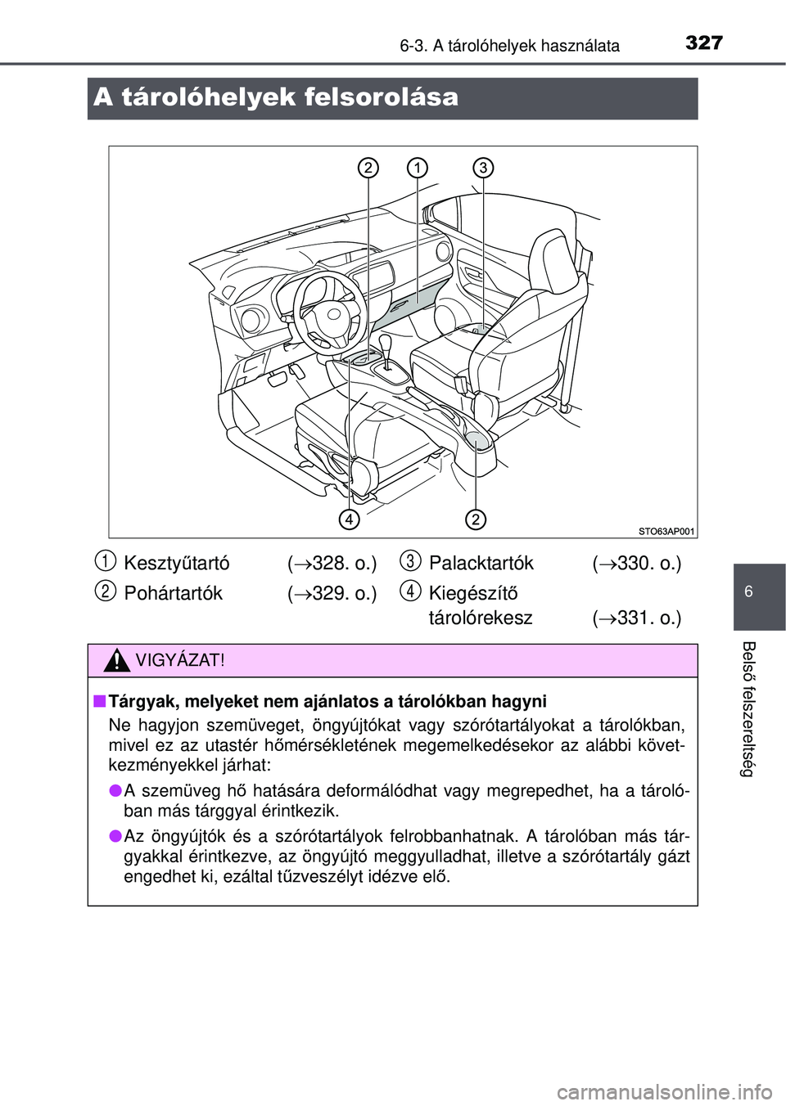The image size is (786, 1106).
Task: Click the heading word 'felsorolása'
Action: (381, 97)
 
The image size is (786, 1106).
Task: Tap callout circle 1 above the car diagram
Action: (417, 168)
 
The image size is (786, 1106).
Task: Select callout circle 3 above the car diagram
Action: (483, 168)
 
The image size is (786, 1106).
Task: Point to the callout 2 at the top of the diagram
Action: (368, 168)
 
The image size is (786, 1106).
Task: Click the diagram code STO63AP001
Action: (666, 532)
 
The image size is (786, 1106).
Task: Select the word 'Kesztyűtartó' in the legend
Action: (177, 564)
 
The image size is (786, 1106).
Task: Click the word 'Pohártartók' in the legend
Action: (173, 593)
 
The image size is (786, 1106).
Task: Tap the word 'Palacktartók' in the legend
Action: (481, 564)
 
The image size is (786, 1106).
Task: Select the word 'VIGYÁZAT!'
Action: (180, 660)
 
